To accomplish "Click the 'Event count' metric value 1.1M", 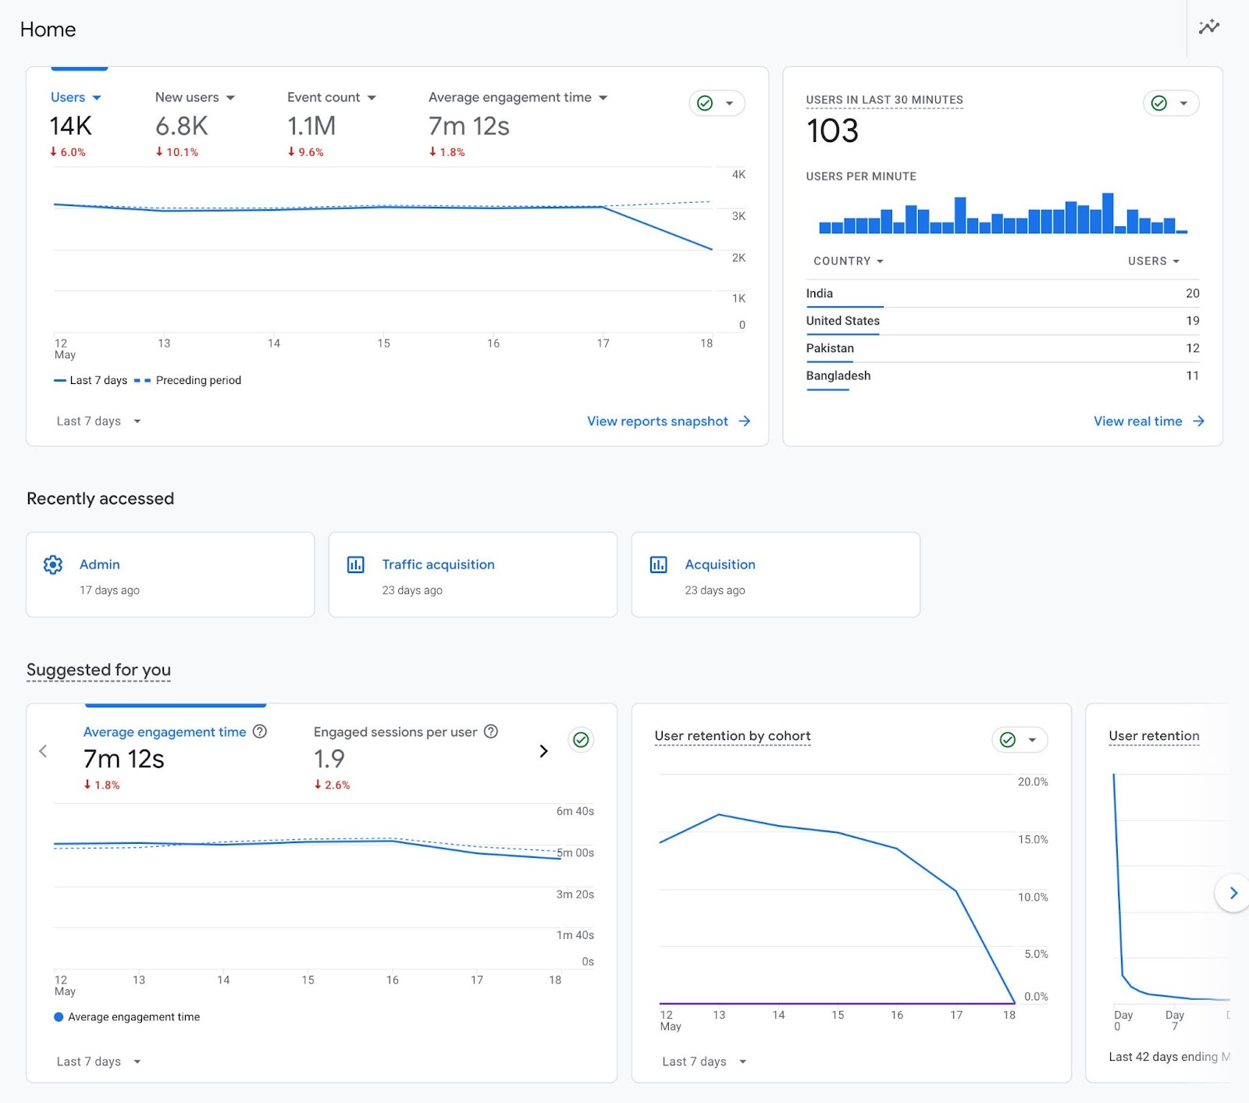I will coord(311,126).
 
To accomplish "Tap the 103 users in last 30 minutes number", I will coord(832,130).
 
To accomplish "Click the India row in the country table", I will coord(820,294).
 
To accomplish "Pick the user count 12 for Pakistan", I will coord(1192,348).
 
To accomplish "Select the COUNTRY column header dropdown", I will coord(848,262).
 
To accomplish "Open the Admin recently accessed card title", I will coord(99,564).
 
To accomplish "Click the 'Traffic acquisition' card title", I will coord(438,564).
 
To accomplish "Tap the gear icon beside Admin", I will coord(53,564).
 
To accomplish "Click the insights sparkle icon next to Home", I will coord(1208,27).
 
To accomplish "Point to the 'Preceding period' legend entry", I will coord(197,380).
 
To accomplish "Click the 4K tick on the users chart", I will coord(738,175).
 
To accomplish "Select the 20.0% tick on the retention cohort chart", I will coord(1032,782).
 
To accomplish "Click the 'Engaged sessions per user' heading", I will coord(395,732).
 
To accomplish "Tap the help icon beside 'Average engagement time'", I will coord(260,731).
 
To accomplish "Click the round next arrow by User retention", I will coord(1233,893).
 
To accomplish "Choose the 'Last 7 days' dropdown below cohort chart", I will coord(703,1062).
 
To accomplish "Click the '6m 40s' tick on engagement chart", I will coord(575,812).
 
